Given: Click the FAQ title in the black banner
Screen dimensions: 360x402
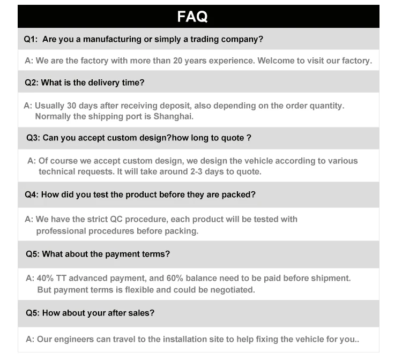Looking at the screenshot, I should (192, 17).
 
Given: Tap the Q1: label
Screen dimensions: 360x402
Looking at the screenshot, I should (31, 40).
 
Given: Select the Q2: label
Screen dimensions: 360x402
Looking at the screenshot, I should (31, 82).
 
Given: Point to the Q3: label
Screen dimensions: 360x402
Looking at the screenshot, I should (33, 138).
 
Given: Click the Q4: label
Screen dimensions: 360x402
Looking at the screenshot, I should (31, 195).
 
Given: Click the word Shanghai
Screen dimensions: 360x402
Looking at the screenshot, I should (174, 116).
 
